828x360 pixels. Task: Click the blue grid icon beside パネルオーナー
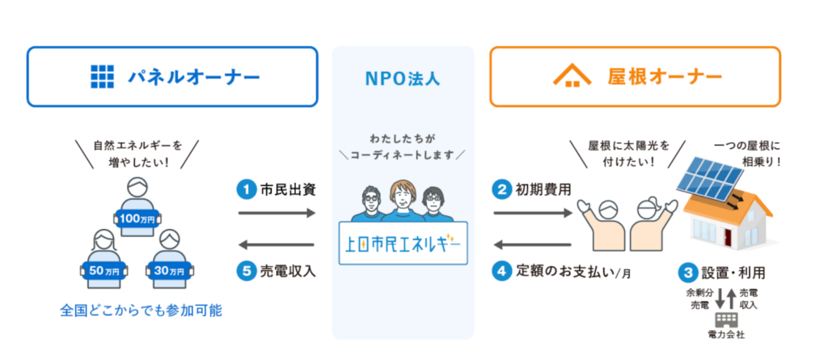click(x=103, y=77)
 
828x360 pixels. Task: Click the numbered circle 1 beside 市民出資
click(x=244, y=190)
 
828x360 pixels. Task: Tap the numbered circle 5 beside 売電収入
click(x=244, y=272)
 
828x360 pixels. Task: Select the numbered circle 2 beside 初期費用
click(x=501, y=190)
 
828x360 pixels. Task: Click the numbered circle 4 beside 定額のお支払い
click(x=501, y=272)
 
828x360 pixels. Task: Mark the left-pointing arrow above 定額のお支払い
click(x=534, y=244)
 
